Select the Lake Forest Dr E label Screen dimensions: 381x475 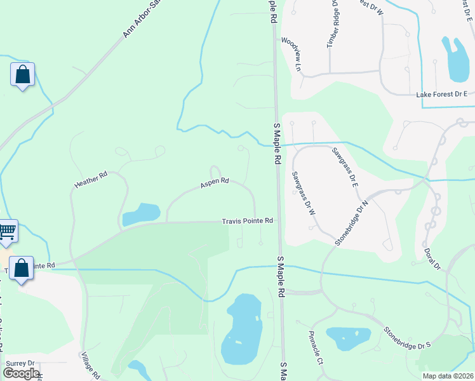pyautogui.click(x=441, y=95)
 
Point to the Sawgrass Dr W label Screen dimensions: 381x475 pyautogui.click(x=304, y=193)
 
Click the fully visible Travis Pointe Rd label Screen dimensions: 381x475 pyautogui.click(x=247, y=221)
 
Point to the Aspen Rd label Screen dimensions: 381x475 pyautogui.click(x=214, y=183)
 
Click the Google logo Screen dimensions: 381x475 pyautogui.click(x=21, y=373)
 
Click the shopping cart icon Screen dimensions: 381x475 pyautogui.click(x=6, y=231)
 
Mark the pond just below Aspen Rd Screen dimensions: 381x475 pyautogui.click(x=141, y=214)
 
